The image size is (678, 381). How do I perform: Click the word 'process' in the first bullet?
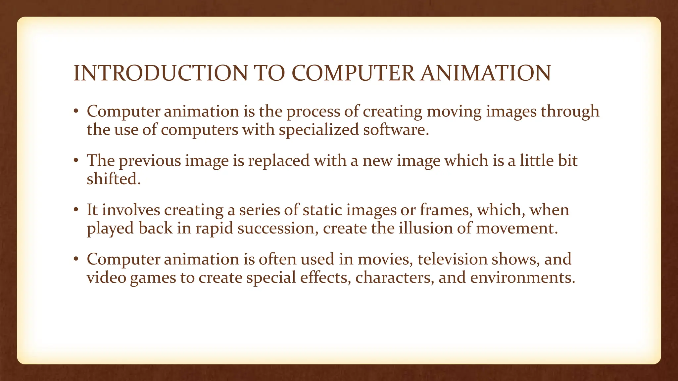[313, 111]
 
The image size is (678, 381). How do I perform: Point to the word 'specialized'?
[318, 130]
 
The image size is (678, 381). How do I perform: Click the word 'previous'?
[150, 161]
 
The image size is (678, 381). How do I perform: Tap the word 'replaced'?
[279, 161]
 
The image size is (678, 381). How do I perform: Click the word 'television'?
[452, 259]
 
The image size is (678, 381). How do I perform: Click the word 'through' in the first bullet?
[570, 111]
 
